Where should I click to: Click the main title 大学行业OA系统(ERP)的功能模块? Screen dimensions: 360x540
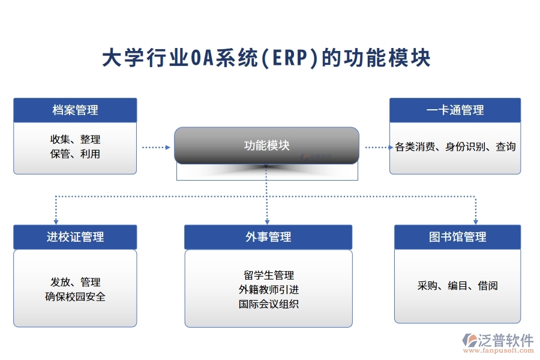tap(266, 59)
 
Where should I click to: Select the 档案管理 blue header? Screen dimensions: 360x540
tap(75, 110)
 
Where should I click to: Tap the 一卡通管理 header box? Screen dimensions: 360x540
tap(455, 110)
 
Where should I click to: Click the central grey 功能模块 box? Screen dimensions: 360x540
tap(266, 145)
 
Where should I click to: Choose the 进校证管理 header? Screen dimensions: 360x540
tap(75, 237)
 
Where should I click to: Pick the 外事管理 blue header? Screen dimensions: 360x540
tap(268, 237)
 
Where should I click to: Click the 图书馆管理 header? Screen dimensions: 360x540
tap(457, 237)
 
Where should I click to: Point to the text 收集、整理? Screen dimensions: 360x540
tap(75, 139)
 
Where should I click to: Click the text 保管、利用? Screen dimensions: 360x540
tap(75, 154)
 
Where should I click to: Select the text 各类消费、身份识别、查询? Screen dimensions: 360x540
tap(455, 146)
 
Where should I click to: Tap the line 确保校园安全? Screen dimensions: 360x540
tap(75, 296)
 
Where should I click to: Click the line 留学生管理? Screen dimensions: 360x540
tap(268, 275)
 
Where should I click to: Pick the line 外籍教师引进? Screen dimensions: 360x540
tap(268, 289)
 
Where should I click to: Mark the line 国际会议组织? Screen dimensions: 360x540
tap(268, 304)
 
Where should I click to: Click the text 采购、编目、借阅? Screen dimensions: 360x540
tap(457, 286)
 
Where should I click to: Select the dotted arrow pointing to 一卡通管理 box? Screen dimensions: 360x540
tap(376, 146)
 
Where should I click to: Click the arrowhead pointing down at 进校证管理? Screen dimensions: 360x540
tap(56, 220)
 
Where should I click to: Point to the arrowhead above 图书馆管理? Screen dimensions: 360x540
tap(475, 220)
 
